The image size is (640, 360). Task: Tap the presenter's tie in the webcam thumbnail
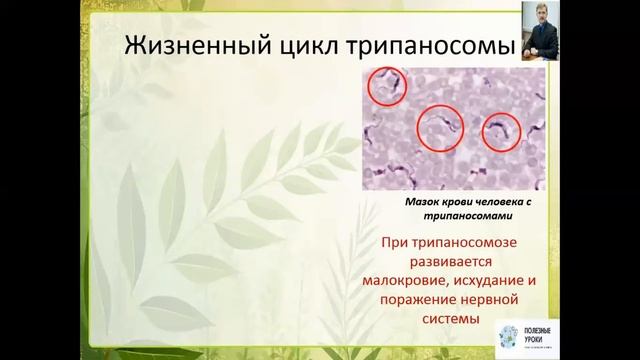click(x=540, y=46)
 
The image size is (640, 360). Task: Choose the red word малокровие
click(x=411, y=281)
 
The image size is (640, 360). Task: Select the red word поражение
click(x=422, y=300)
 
